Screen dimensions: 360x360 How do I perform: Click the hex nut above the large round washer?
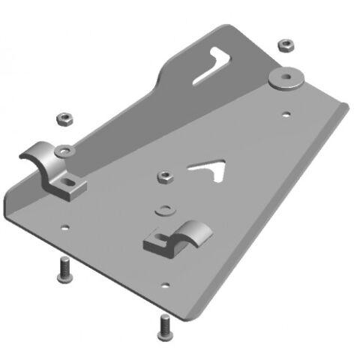(x=285, y=45)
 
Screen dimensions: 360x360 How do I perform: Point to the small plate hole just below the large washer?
(x=287, y=115)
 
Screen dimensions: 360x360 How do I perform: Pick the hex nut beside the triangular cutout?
(x=165, y=178)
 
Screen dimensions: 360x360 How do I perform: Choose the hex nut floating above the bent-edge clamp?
(x=63, y=118)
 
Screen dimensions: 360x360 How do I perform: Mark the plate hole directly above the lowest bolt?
(x=164, y=285)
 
